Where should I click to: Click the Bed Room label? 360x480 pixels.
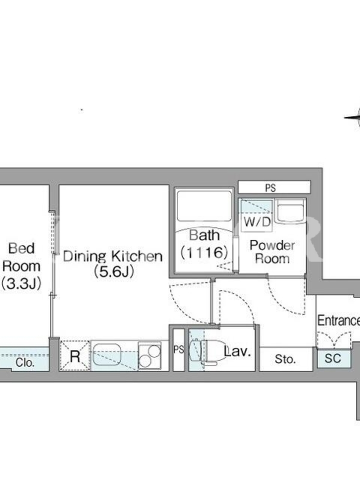[22, 257]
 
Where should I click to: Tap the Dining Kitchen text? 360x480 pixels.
[113, 256]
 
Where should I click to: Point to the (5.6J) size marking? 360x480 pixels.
[114, 272]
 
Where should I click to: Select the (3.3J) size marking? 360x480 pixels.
[21, 284]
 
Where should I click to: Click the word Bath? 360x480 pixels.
[205, 235]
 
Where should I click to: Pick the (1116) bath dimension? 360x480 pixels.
[205, 253]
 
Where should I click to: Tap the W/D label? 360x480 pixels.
[257, 221]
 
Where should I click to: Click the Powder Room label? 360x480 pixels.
[272, 251]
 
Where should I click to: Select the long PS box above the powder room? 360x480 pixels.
[274, 187]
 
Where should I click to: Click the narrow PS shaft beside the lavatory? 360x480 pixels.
[179, 349]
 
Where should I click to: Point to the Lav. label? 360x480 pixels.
[237, 351]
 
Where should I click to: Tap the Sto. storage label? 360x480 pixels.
[286, 359]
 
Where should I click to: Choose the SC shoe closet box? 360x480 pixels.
[334, 358]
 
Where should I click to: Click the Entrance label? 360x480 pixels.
[338, 320]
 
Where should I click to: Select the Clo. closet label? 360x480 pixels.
[25, 362]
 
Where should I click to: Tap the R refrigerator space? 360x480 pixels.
[74, 356]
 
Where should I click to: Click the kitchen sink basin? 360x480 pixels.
[107, 355]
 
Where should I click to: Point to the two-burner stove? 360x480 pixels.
[149, 355]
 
